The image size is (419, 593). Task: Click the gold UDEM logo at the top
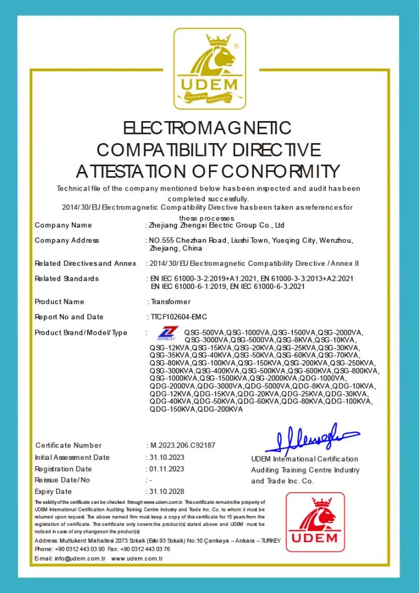[x=209, y=69]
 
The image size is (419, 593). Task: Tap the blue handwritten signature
[x=311, y=439]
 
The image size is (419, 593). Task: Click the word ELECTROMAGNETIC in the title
[x=209, y=128]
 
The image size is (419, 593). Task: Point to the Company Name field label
[x=63, y=225]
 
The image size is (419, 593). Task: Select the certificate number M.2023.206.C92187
[x=183, y=445]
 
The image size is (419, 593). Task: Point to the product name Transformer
[x=170, y=302]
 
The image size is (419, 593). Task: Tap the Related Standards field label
[x=67, y=279]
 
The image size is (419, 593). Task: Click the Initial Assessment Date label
[x=72, y=457]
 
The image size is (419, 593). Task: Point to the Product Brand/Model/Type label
[x=81, y=332]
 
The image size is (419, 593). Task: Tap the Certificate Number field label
[x=68, y=445]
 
